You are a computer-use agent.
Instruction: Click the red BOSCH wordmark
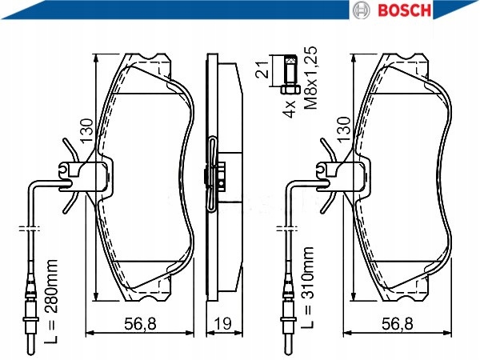(x=404, y=10)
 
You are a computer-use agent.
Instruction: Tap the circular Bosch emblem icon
(x=362, y=10)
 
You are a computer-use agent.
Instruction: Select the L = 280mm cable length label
(x=51, y=302)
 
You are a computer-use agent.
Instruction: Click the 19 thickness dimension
(x=223, y=323)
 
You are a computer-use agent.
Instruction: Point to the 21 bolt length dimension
(x=262, y=70)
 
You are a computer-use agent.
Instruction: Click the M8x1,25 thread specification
(x=311, y=78)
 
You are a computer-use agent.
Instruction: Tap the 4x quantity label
(x=290, y=109)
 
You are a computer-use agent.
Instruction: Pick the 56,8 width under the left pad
(x=140, y=323)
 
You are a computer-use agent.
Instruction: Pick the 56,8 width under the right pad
(x=398, y=323)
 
